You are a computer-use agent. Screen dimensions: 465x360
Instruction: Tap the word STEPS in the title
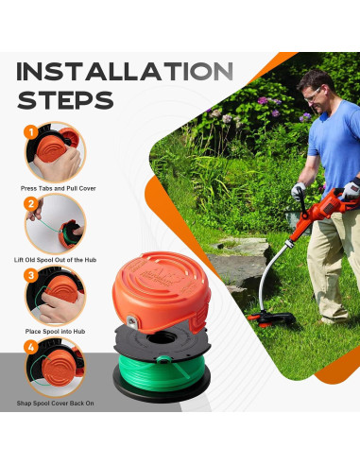coord(65,99)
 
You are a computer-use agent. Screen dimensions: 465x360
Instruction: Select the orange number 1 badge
coord(31,132)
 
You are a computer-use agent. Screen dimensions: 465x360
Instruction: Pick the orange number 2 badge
coord(31,202)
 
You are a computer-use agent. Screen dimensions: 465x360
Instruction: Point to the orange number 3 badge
coord(31,276)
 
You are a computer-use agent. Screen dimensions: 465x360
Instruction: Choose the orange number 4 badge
coord(31,347)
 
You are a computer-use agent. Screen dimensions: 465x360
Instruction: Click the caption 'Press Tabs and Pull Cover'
coord(57,189)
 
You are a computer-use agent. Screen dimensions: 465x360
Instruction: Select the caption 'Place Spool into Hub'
coord(57,333)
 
